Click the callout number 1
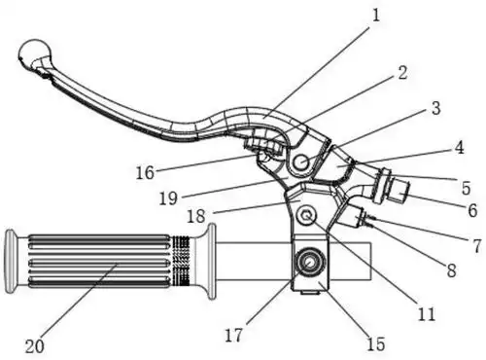tap(376, 16)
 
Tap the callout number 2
tap(402, 72)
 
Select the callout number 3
tap(436, 108)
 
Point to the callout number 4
tap(459, 148)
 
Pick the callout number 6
tap(472, 210)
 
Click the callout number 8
tap(452, 270)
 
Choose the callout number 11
tap(427, 313)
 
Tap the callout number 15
tap(376, 343)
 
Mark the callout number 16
tap(145, 172)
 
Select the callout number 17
tap(233, 335)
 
